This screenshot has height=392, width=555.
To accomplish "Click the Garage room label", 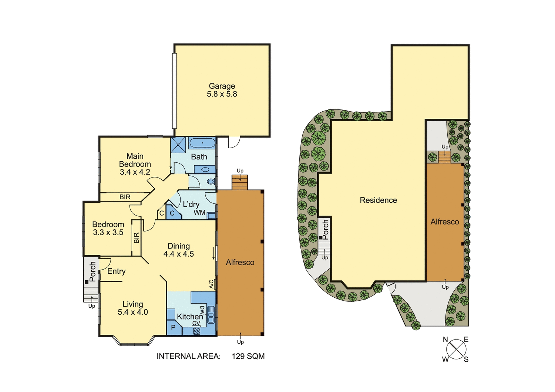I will pos(222,86).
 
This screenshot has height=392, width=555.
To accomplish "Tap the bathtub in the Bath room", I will pos(202,143).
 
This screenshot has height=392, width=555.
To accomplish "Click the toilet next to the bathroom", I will pos(211,182).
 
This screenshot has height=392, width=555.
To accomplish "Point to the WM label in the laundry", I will pos(199,213).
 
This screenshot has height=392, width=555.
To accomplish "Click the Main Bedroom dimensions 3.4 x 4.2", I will pos(135,172).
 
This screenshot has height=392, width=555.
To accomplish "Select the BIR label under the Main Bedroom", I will pos(125,197).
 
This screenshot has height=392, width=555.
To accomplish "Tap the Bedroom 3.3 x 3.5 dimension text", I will pos(108,233).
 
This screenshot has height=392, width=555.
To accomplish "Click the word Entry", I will pos(117,271).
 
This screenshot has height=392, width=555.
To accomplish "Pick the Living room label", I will pos(133,304).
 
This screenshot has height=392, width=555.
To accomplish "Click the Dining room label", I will pos(179,246).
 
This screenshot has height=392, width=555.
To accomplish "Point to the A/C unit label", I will pos(212,284).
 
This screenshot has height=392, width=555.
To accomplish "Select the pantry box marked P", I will pos(173,328).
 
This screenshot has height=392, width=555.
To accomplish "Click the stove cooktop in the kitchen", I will pos(196,331).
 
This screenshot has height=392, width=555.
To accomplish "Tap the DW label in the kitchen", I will pos(202,310).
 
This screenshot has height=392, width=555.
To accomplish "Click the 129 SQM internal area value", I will pos(248,356).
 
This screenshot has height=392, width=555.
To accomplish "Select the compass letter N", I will pos(445,340).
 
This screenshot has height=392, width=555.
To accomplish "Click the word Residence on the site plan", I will pos(378,200).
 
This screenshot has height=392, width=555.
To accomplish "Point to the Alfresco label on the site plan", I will pos(445,222).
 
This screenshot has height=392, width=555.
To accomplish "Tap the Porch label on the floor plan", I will pos(93,272).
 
